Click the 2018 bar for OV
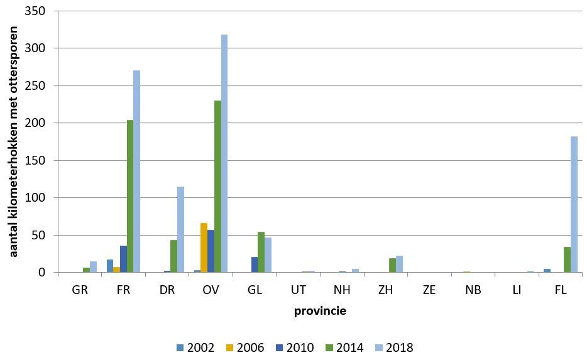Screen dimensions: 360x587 (224, 153)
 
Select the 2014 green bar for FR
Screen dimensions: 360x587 (130, 196)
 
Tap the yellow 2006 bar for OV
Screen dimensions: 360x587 (203, 248)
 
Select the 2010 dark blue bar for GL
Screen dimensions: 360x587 (253, 265)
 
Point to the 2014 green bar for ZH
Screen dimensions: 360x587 (392, 265)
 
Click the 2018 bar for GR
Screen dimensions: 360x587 (93, 267)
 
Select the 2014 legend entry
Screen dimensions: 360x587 (344, 347)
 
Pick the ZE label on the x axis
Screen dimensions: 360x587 (429, 292)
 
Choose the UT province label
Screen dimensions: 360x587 (298, 292)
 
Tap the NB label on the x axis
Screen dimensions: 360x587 (473, 292)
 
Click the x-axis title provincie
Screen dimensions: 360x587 (320, 311)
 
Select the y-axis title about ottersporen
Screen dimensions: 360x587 (13, 141)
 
